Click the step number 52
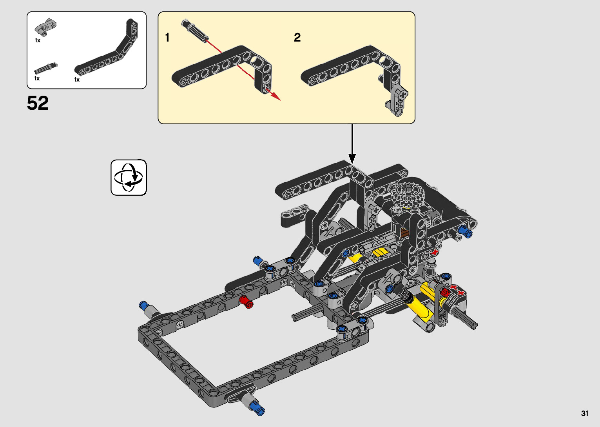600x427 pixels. (x=38, y=103)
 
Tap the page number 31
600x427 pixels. (x=585, y=413)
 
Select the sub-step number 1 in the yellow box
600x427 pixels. (x=167, y=38)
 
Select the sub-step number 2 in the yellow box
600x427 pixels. (x=297, y=38)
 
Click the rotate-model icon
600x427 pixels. (x=129, y=178)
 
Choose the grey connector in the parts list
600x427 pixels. (x=45, y=27)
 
